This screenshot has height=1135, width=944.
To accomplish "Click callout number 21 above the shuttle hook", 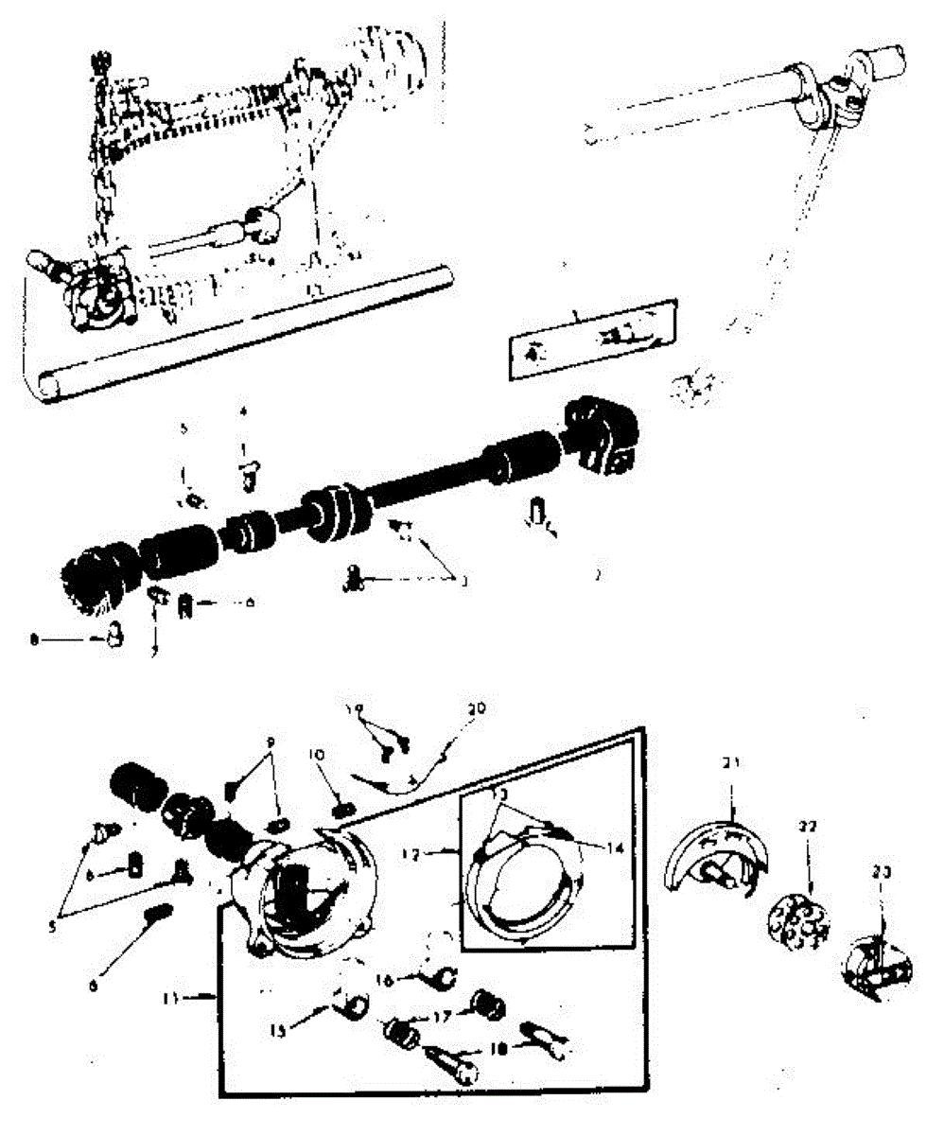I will click(734, 762).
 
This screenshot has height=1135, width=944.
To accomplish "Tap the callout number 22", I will click(807, 826).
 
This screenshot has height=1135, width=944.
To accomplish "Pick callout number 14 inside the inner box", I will click(615, 848).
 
